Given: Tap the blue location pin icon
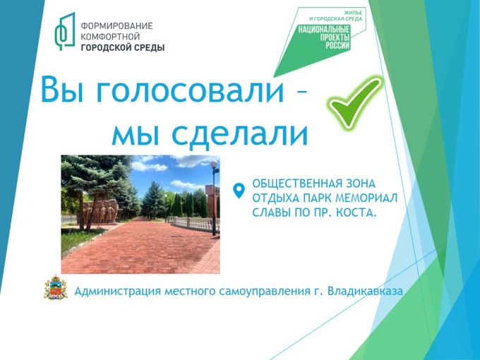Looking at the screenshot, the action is click(239, 191).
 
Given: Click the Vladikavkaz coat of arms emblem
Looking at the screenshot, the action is click(55, 287).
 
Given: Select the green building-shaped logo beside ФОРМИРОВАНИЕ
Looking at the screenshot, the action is click(65, 31).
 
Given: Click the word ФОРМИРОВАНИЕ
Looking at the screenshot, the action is click(116, 25).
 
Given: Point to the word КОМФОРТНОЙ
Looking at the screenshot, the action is click(110, 37).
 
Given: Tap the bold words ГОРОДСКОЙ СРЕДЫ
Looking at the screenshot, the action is click(122, 48).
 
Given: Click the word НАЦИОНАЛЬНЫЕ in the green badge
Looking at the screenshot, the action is click(324, 30).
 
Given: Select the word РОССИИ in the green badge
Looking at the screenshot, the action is click(337, 46).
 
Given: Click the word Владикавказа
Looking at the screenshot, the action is click(365, 291).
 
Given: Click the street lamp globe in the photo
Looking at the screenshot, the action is click(214, 164).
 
